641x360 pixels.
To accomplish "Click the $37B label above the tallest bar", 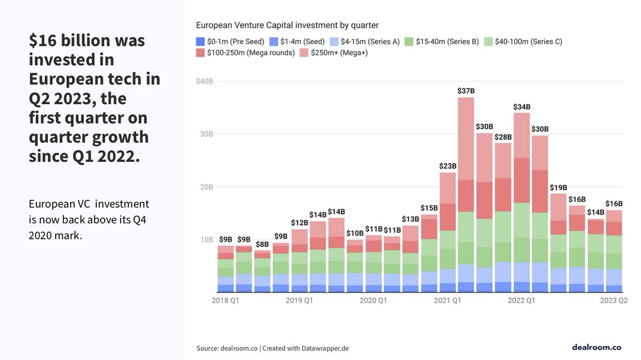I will pyautogui.click(x=466, y=91).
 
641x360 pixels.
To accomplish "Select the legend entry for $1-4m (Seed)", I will pyautogui.click(x=295, y=41).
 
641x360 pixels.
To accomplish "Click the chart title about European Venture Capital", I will pyautogui.click(x=287, y=25).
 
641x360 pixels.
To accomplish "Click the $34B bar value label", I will pyautogui.click(x=521, y=107).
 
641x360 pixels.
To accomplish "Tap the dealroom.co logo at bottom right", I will pyautogui.click(x=596, y=347).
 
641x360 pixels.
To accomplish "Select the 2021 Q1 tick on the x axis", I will pyautogui.click(x=447, y=301).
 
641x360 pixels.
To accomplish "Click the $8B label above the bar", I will pyautogui.click(x=262, y=244).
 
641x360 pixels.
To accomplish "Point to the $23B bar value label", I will pyautogui.click(x=448, y=166).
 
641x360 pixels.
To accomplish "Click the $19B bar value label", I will pyautogui.click(x=558, y=187).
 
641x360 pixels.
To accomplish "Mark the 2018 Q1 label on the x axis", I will pyautogui.click(x=225, y=301).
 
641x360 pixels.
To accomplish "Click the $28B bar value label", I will pyautogui.click(x=503, y=137).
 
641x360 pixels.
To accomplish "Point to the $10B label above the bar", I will pyautogui.click(x=355, y=233).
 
